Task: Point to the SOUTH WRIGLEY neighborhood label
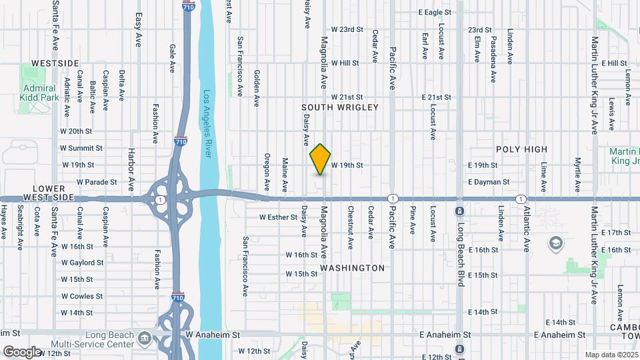(x=339, y=107)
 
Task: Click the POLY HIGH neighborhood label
(x=521, y=149)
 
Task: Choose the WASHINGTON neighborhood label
(x=352, y=268)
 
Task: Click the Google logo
(x=22, y=351)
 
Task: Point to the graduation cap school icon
(x=555, y=243)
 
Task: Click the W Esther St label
(x=278, y=217)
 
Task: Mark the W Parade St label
(x=97, y=181)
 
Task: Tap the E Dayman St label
(x=489, y=181)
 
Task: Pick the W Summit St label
(x=81, y=148)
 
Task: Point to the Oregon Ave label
(x=267, y=171)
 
